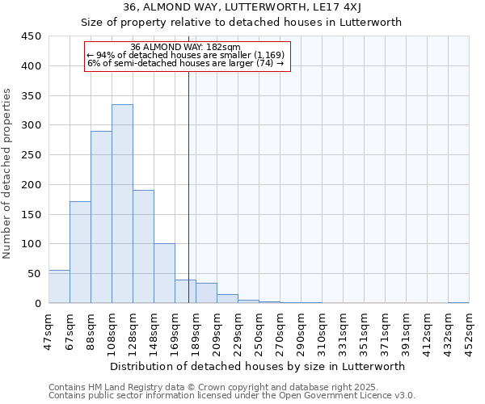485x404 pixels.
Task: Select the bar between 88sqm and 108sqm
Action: tap(101, 217)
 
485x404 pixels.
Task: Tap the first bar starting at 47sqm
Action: tap(59, 287)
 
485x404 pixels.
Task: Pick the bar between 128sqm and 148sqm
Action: tap(143, 246)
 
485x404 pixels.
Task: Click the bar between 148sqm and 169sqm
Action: tap(164, 273)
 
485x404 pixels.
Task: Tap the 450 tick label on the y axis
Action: tap(32, 36)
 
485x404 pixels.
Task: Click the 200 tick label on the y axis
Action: tap(32, 185)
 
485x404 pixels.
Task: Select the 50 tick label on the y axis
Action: tap(35, 274)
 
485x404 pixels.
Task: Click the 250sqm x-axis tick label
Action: tap(259, 331)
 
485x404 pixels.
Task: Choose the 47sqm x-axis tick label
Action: tap(48, 331)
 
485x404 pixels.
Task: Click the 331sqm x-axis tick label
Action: tap(343, 331)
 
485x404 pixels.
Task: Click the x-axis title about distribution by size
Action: tap(258, 366)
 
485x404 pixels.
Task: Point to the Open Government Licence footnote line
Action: tap(232, 396)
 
